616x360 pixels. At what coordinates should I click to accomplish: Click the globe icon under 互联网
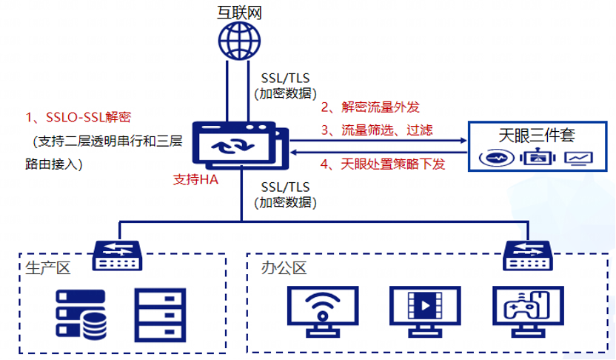[239, 41]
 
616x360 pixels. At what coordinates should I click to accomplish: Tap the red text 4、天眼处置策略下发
[383, 164]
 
